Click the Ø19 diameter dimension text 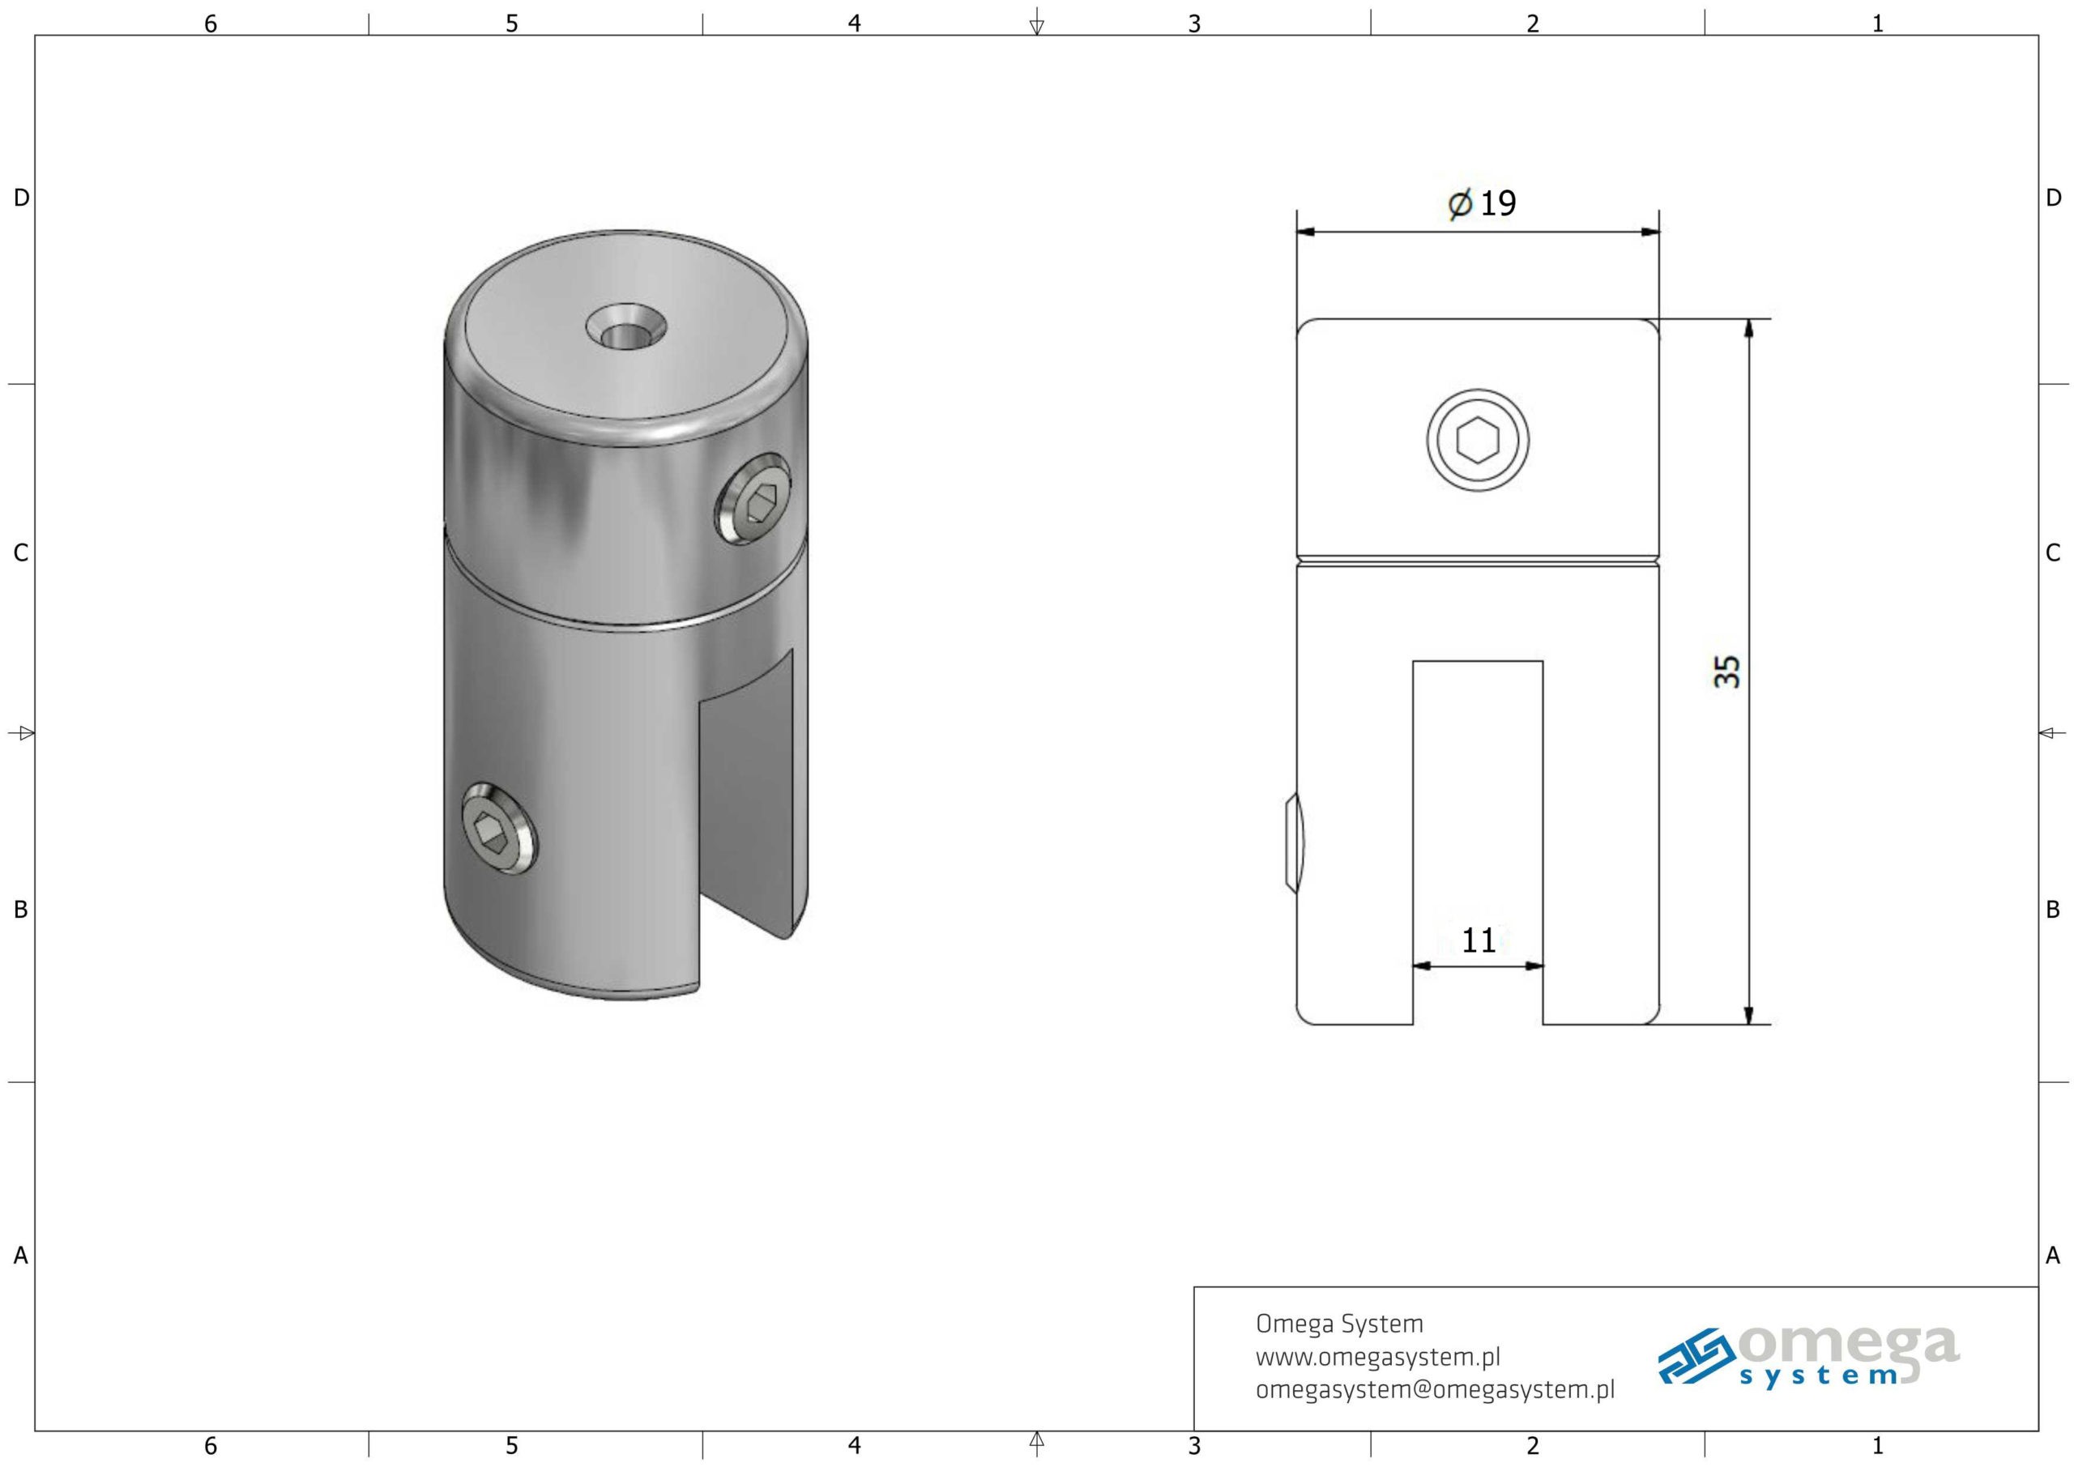coord(1482,203)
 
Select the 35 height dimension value coord(1727,672)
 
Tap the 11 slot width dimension coord(1479,940)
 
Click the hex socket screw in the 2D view coord(1478,441)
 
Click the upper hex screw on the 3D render coord(754,500)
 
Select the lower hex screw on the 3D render coord(498,829)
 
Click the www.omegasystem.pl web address coord(1377,1357)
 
